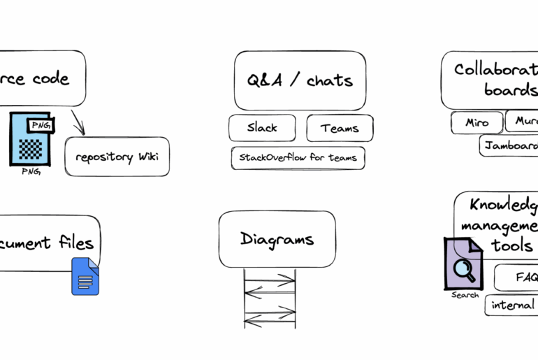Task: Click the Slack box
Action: point(262,128)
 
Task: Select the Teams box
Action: point(340,128)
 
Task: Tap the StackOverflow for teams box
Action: point(298,158)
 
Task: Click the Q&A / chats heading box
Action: point(300,80)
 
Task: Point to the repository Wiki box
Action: point(117,156)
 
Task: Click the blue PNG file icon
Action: point(32,139)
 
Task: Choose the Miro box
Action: point(477,123)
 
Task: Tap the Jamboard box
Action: point(510,145)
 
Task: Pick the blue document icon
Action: point(85,276)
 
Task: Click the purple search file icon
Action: point(463,263)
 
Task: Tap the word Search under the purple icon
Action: point(465,295)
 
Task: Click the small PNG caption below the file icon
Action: point(31,173)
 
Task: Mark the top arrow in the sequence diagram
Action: point(270,278)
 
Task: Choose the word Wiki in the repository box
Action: point(148,156)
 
